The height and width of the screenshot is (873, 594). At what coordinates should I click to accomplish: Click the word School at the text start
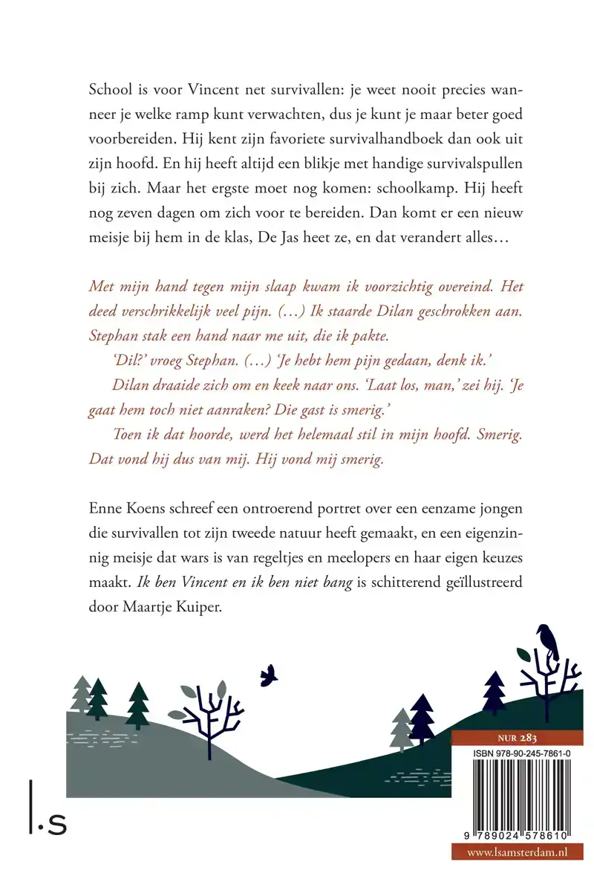pyautogui.click(x=109, y=88)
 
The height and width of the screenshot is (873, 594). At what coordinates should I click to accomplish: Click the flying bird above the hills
pyautogui.click(x=268, y=675)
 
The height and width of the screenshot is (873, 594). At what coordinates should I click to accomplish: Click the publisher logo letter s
pyautogui.click(x=56, y=823)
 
